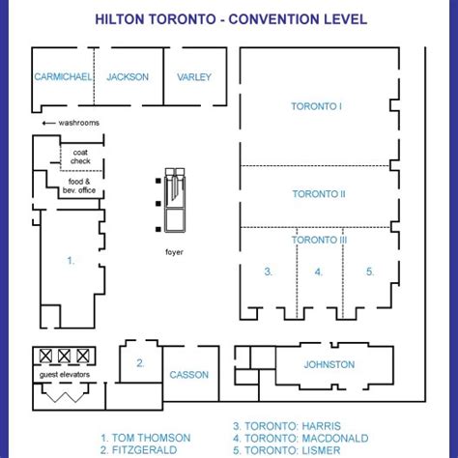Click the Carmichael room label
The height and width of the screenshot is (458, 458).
point(63,76)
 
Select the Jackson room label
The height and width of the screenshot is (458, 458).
point(128,77)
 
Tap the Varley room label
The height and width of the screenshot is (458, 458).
point(194,77)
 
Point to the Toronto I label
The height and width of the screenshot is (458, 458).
point(316,106)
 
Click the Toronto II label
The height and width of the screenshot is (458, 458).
point(319,194)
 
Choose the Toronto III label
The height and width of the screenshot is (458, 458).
point(319,240)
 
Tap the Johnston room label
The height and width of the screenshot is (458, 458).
point(329,364)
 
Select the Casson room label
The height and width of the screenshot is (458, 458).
point(189,375)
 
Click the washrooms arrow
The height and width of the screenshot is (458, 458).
point(48,123)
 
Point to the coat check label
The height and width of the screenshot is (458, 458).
point(80,157)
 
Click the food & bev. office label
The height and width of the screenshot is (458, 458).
point(79,186)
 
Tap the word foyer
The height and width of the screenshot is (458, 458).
point(174,252)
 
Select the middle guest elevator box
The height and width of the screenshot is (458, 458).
point(64,356)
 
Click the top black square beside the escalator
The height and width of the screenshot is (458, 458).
point(158,181)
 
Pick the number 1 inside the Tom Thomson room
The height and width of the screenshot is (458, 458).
point(71,260)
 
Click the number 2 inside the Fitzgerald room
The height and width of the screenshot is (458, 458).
point(140,363)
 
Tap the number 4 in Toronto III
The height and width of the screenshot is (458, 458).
point(318,272)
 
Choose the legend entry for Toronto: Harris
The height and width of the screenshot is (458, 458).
point(287,426)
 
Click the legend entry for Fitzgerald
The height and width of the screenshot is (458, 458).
point(138,450)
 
